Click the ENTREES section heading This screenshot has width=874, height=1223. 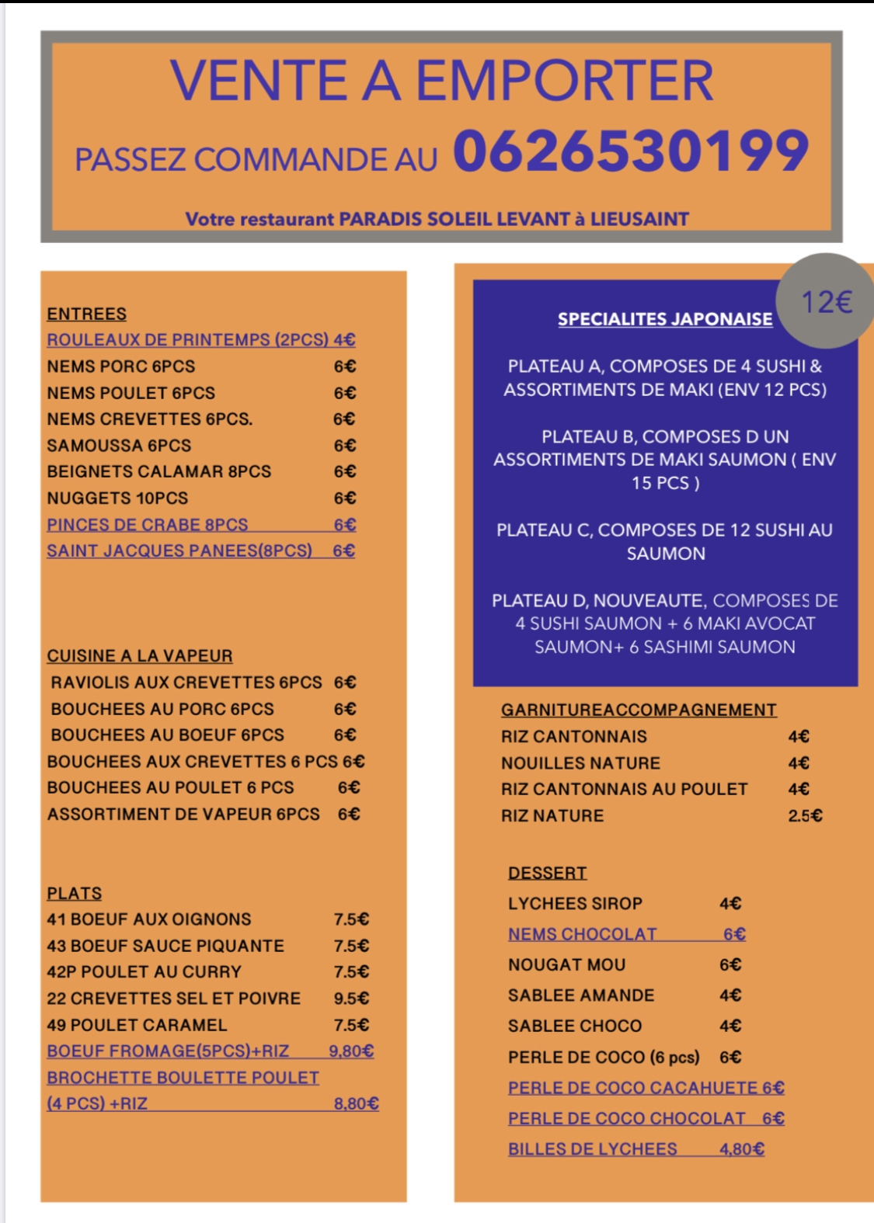(86, 314)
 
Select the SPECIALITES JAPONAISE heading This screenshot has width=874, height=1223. (665, 318)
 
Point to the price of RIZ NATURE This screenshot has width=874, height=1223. (805, 815)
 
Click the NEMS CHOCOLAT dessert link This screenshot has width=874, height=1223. (582, 934)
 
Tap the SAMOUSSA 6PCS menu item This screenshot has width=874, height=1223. (119, 446)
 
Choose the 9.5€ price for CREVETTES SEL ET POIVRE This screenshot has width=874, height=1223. (351, 998)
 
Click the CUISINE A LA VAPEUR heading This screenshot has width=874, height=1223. (139, 655)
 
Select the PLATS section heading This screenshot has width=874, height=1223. (74, 893)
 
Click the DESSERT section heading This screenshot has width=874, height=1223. (547, 873)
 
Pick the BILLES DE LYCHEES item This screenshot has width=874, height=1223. (592, 1148)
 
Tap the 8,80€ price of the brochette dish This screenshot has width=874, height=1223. (356, 1103)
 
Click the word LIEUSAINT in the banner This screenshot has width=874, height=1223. (639, 219)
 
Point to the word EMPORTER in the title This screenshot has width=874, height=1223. (565, 81)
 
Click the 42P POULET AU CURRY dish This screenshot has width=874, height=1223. (144, 971)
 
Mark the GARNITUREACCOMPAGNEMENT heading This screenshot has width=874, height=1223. (638, 710)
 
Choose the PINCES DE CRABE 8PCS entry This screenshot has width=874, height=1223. (147, 524)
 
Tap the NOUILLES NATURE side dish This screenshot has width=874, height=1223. (580, 763)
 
